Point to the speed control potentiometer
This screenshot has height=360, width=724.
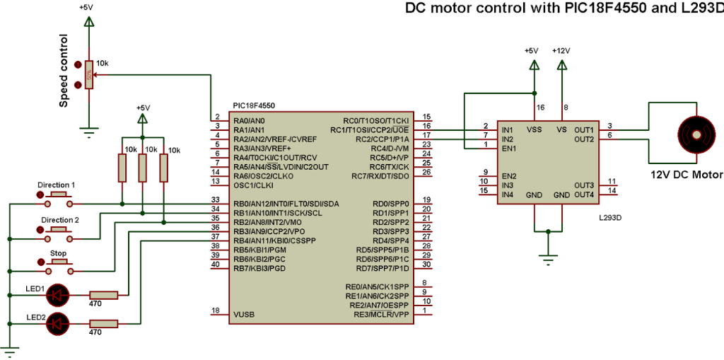(88, 74)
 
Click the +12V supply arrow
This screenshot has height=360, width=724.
(562, 65)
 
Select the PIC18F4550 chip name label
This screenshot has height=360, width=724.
(254, 105)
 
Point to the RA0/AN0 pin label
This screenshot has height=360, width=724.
(249, 120)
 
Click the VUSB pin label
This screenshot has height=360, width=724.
(244, 314)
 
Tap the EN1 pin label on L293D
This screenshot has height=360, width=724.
(508, 149)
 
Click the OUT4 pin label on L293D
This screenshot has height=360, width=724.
(584, 194)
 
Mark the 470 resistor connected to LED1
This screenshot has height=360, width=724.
(105, 294)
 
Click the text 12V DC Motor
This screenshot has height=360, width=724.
(686, 175)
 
